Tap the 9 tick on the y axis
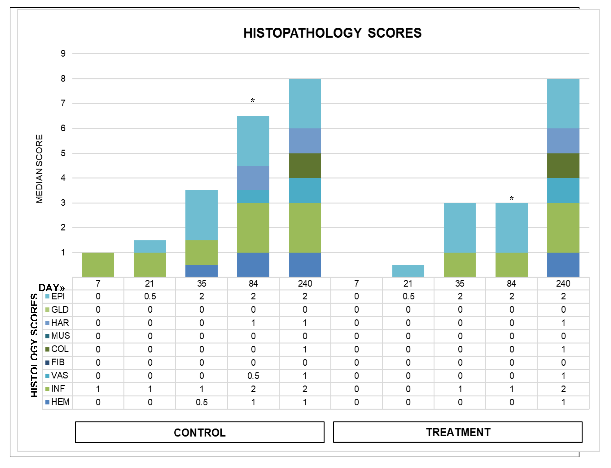tap(63, 53)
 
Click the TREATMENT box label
tap(458, 432)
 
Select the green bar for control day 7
tap(98, 265)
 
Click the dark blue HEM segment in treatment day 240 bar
tap(563, 265)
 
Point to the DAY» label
tap(52, 288)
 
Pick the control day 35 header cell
tap(201, 283)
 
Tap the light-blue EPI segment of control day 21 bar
tap(150, 246)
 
